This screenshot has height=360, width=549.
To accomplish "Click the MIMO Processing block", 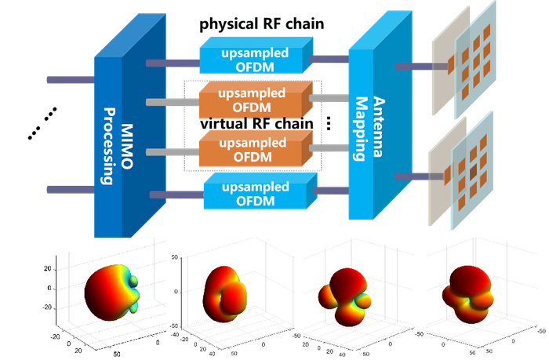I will pyautogui.click(x=118, y=145).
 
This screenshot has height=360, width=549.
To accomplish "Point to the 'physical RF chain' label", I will pyautogui.click(x=261, y=24).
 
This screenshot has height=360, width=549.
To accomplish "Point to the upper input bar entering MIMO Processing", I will pyautogui.click(x=71, y=80).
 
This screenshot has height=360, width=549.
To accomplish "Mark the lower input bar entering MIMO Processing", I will pyautogui.click(x=71, y=189).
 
